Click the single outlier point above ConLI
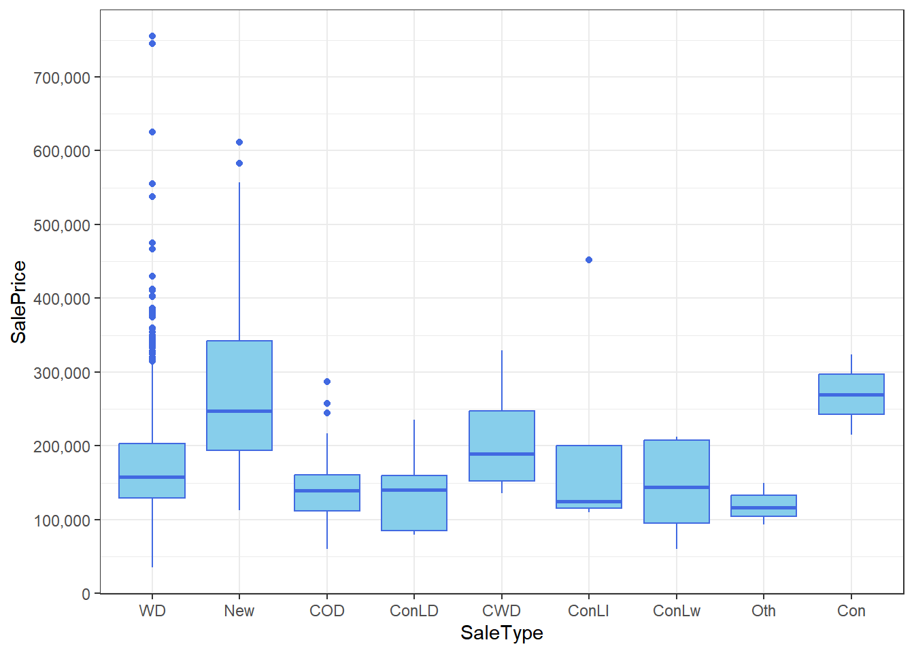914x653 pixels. click(589, 260)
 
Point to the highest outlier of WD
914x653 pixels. click(152, 36)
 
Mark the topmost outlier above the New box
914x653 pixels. click(239, 142)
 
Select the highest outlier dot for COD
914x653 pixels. click(327, 382)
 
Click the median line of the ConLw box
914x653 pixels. click(677, 487)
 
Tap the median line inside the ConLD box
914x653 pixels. click(414, 490)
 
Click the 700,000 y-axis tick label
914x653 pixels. click(62, 78)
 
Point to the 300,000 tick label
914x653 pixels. click(62, 373)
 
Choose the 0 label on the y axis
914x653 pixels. click(86, 594)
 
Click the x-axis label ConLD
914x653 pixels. click(414, 611)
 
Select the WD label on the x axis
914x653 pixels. click(152, 611)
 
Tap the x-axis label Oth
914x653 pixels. click(764, 611)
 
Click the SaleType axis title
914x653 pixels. click(502, 633)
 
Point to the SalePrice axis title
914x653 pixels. click(19, 302)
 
